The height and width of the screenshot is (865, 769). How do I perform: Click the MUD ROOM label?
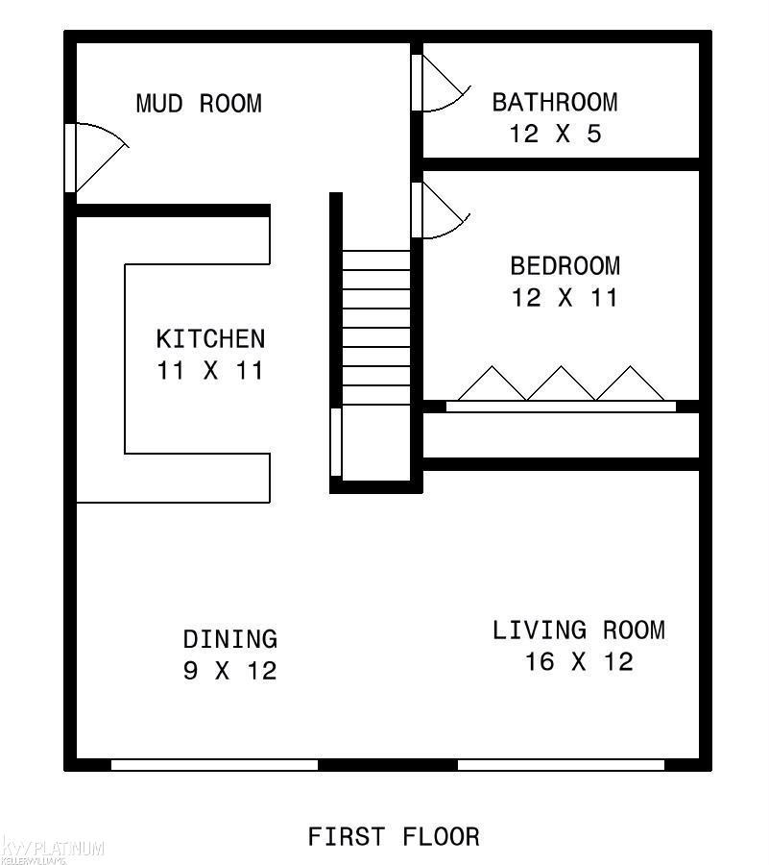point(199,104)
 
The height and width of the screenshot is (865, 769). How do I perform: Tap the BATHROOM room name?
point(555,102)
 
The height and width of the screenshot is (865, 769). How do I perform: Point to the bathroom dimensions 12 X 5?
point(555,134)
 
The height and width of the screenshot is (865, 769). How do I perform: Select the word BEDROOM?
point(565,266)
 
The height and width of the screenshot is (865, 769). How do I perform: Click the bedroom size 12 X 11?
point(565,298)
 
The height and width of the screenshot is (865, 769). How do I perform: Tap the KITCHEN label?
point(210,338)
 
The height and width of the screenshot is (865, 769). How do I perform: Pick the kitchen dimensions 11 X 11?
point(210,370)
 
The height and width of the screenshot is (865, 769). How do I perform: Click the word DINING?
point(230,639)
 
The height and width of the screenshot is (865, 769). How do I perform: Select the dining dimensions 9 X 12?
point(230,671)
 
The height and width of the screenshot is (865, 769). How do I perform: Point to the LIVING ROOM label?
point(579,630)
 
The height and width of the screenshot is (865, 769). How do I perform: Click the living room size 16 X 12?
point(579,661)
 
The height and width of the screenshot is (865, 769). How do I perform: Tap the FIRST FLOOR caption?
point(394,836)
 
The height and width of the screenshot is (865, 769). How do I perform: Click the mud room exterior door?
point(96,158)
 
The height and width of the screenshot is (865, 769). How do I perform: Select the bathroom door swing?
point(441,83)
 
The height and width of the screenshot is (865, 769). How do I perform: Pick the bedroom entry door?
point(441,210)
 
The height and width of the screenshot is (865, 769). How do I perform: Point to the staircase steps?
point(376,327)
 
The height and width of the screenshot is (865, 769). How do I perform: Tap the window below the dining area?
point(215,765)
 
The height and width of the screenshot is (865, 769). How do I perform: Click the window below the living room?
point(562,765)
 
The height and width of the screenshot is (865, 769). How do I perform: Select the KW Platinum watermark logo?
point(53,851)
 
